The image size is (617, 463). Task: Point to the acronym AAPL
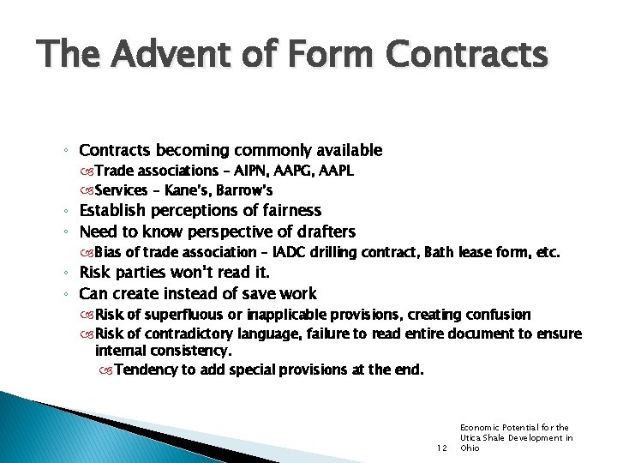pos(335,171)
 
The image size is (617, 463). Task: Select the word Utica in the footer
pos(473,436)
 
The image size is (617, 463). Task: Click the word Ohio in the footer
pos(470,447)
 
